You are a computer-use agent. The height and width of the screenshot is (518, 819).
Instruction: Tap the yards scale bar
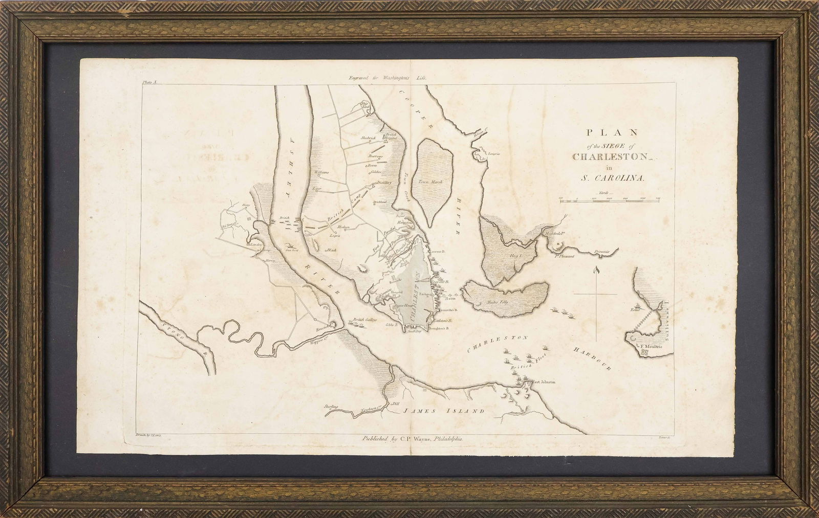coord(610,201)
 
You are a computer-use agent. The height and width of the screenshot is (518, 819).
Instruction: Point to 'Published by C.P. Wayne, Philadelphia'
coord(412,438)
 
